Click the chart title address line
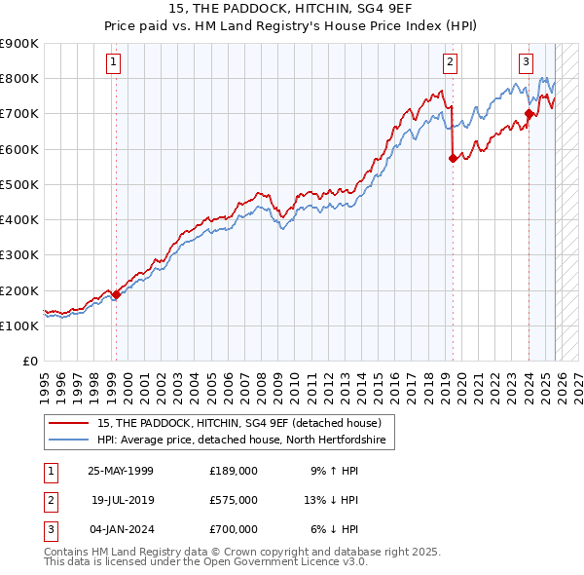[x=292, y=10]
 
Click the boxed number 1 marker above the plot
[x=114, y=63]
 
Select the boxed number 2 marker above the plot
[x=451, y=63]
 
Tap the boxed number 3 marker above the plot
[x=526, y=63]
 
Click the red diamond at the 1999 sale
[x=116, y=294]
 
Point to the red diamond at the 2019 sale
[x=453, y=158]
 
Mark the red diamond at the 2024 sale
[x=529, y=113]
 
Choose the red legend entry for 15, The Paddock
[x=244, y=424]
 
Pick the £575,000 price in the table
[x=233, y=500]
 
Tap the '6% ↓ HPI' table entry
[x=334, y=529]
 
